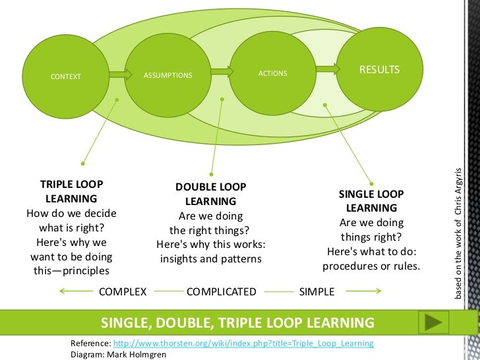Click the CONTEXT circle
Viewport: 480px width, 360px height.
click(x=65, y=76)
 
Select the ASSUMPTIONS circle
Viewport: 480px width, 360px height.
click(x=167, y=75)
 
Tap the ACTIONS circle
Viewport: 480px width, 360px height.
click(x=272, y=73)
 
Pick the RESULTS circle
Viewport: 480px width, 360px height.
click(x=379, y=70)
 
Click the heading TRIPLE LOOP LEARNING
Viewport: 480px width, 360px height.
click(x=71, y=191)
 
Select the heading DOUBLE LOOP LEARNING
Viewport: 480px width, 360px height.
click(x=210, y=194)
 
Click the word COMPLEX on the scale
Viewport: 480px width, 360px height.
click(x=123, y=291)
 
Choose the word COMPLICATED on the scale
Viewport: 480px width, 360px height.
click(x=222, y=291)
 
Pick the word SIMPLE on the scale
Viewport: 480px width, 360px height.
click(x=317, y=291)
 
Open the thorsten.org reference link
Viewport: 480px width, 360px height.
click(x=243, y=344)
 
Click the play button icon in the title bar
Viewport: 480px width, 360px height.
click(x=435, y=322)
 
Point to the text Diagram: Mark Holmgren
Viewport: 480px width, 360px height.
click(x=119, y=353)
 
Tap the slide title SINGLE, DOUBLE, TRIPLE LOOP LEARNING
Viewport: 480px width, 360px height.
click(x=237, y=322)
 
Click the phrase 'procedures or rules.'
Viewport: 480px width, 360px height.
click(x=371, y=266)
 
